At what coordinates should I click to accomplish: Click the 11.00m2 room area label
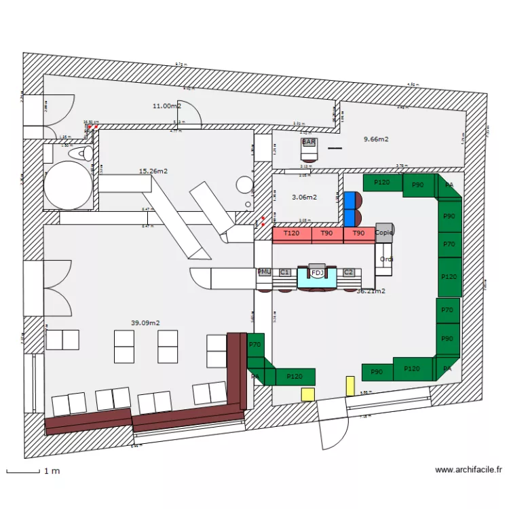pos(166,106)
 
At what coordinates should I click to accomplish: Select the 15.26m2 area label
pos(153,171)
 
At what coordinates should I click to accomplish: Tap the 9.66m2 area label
pos(376,139)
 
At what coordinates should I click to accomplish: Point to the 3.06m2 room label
pos(305,197)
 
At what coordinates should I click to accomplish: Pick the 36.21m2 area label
pos(371,291)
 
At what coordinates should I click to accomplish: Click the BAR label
pos(309,142)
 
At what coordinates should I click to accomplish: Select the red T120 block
pos(292,233)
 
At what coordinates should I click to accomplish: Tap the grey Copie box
pos(384,232)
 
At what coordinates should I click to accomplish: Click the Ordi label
pos(387,260)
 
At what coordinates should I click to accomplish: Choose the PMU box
pos(265,272)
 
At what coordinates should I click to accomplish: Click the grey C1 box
pos(285,272)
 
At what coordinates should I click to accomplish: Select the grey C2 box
pos(349,272)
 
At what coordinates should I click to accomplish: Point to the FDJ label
pos(317,274)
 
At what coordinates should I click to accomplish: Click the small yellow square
pos(308,394)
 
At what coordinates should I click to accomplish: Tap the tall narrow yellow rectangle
pos(350,386)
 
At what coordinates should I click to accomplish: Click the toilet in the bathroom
pos(84,153)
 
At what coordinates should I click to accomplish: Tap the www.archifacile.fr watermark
pos(468,469)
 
